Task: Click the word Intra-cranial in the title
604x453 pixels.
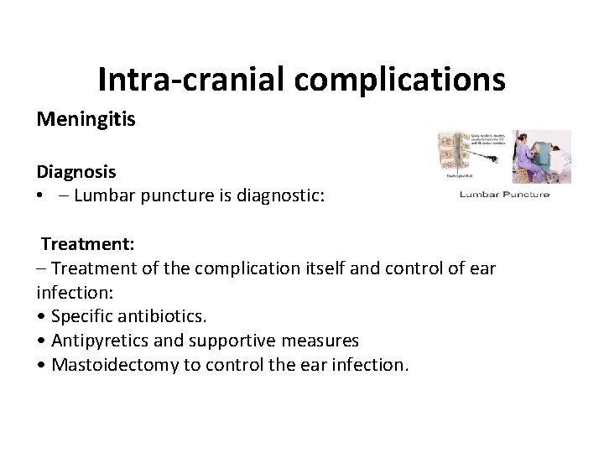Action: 194,79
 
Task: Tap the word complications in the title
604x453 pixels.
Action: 402,79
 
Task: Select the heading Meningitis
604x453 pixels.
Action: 86,119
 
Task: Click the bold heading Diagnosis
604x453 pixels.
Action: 75,172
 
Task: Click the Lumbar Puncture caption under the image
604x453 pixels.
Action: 503,195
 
